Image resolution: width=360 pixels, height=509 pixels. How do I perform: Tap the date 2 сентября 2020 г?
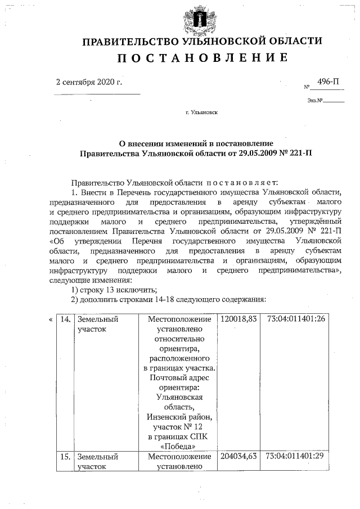pyautogui.click(x=89, y=82)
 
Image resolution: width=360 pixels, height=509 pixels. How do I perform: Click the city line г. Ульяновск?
pyautogui.click(x=202, y=112)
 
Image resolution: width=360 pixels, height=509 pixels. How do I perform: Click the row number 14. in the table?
pyautogui.click(x=65, y=319)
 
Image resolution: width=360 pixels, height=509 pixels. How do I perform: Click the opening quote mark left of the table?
pyautogui.click(x=51, y=319)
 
